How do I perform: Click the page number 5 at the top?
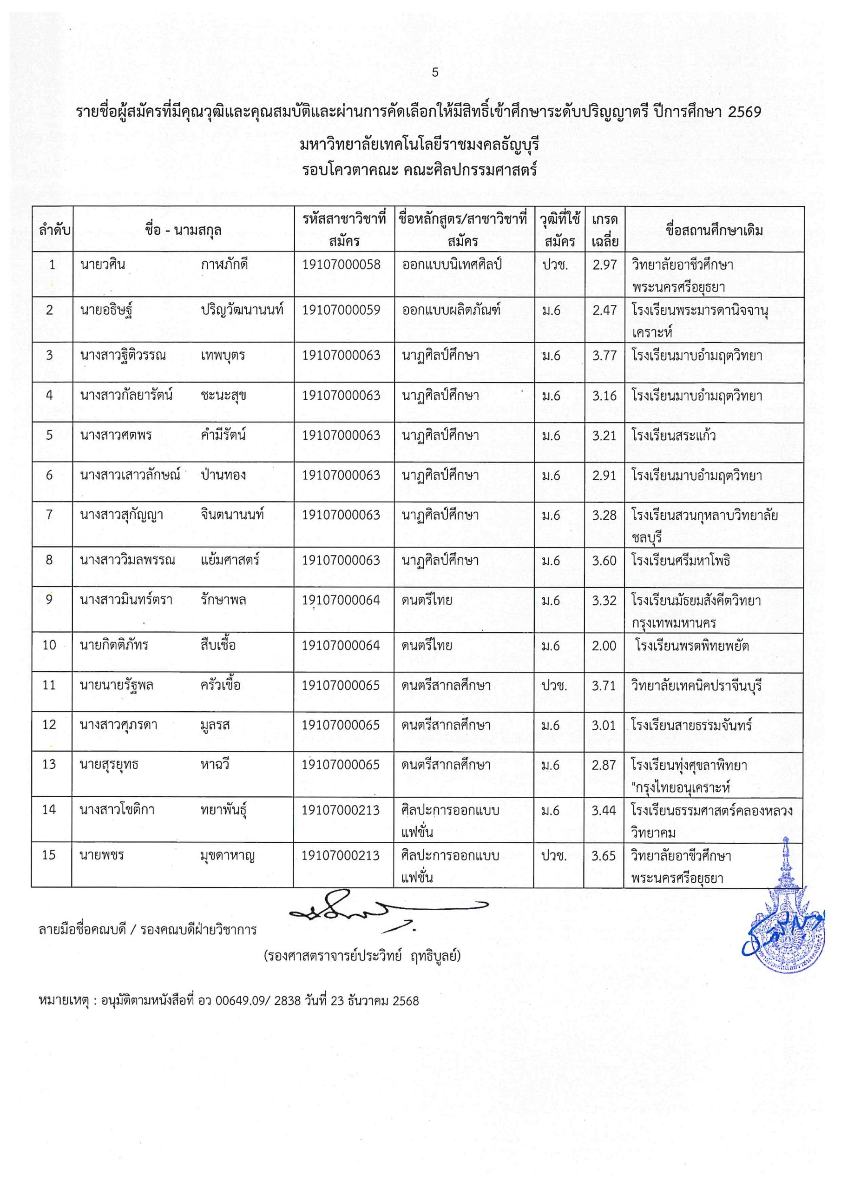coord(435,73)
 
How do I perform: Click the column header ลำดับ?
coord(54,230)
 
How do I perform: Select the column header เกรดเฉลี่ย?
coord(604,230)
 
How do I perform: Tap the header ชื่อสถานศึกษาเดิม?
coord(715,230)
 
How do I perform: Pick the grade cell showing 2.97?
coord(604,265)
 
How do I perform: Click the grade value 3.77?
coord(604,356)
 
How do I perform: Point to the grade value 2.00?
coord(604,646)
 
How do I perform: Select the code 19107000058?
coord(342,265)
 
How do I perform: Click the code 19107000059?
coord(342,310)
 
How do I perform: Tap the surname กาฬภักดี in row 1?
coord(224,265)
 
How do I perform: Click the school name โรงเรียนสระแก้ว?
coord(674,436)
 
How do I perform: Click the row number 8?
coord(49,560)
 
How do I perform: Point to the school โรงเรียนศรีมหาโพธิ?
coord(681,560)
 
